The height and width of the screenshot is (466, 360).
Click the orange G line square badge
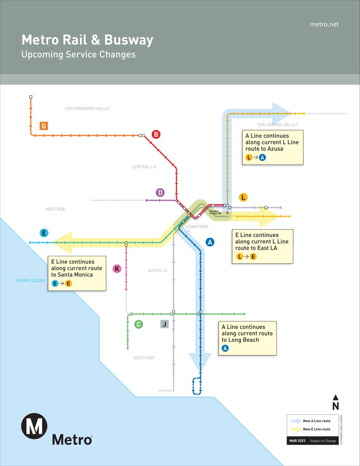click(x=43, y=126)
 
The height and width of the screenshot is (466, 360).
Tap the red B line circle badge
click(x=156, y=135)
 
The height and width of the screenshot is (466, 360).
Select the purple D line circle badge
click(x=160, y=192)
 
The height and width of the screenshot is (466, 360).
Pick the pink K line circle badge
click(x=117, y=268)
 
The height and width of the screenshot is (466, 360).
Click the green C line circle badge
click(x=138, y=324)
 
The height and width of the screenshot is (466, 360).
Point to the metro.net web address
click(x=324, y=24)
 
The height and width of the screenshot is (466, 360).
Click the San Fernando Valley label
click(x=87, y=108)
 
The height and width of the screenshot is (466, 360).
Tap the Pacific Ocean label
click(x=30, y=281)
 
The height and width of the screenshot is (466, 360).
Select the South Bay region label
click(x=144, y=358)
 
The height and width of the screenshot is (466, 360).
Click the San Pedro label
click(x=165, y=391)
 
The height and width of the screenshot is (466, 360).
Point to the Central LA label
click(x=143, y=167)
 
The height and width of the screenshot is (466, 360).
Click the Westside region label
click(x=56, y=209)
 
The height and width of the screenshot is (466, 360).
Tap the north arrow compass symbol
click(x=336, y=402)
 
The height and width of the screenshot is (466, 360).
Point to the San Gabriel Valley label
click(x=278, y=125)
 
